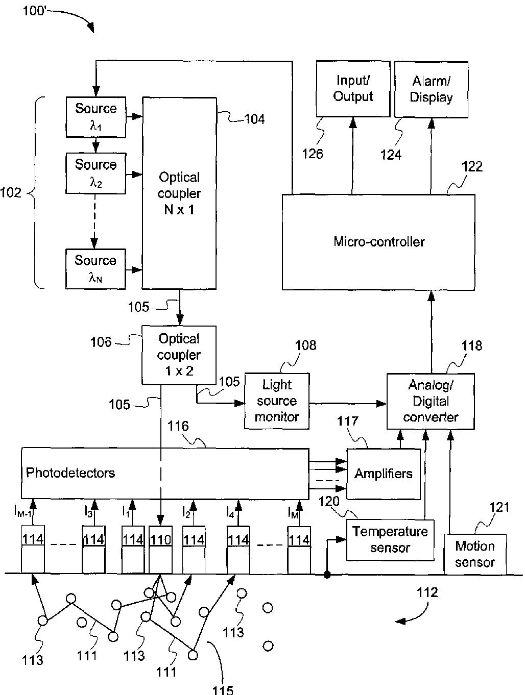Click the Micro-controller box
[x=378, y=242]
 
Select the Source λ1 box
[x=96, y=117]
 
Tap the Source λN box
[x=96, y=269]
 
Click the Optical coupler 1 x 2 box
[x=179, y=355]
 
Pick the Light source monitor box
[x=277, y=401]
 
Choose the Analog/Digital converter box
[x=431, y=401]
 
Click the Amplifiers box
[x=384, y=474]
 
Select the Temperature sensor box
[x=390, y=540]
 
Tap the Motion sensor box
[x=475, y=554]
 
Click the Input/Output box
[x=353, y=89]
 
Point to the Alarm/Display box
[x=431, y=90]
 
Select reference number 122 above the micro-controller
[x=472, y=166]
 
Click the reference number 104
[x=254, y=119]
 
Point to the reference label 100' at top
[x=35, y=11]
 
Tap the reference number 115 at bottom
[x=223, y=689]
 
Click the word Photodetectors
[x=70, y=473]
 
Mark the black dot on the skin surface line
[x=327, y=575]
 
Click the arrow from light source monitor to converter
[x=348, y=404]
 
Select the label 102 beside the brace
[x=11, y=193]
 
